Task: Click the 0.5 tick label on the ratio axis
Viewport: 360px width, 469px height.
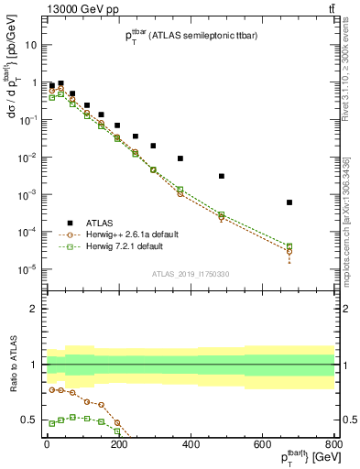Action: click(30, 420)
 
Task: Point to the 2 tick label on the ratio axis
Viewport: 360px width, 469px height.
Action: click(34, 309)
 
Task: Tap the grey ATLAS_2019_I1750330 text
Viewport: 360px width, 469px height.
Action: click(190, 274)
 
